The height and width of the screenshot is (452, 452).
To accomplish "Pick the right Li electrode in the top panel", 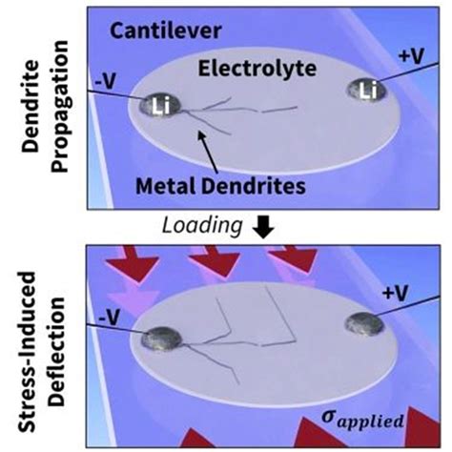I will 367,91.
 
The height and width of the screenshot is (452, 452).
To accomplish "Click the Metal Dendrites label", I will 245,181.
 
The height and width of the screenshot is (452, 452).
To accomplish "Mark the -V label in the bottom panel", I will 102,307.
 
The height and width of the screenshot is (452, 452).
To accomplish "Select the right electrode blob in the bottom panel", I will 368,324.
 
